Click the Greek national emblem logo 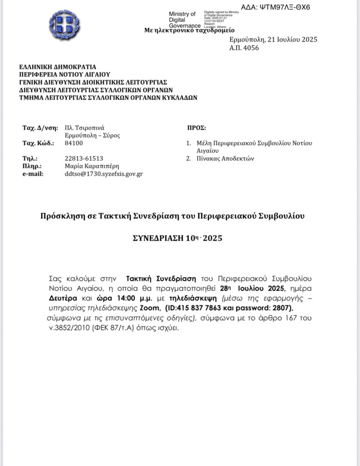pos(64,25)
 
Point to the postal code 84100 pos(74,143)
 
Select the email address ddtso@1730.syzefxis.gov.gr pos(104,173)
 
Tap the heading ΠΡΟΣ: pos(197,128)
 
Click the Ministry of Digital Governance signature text pos(183,20)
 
